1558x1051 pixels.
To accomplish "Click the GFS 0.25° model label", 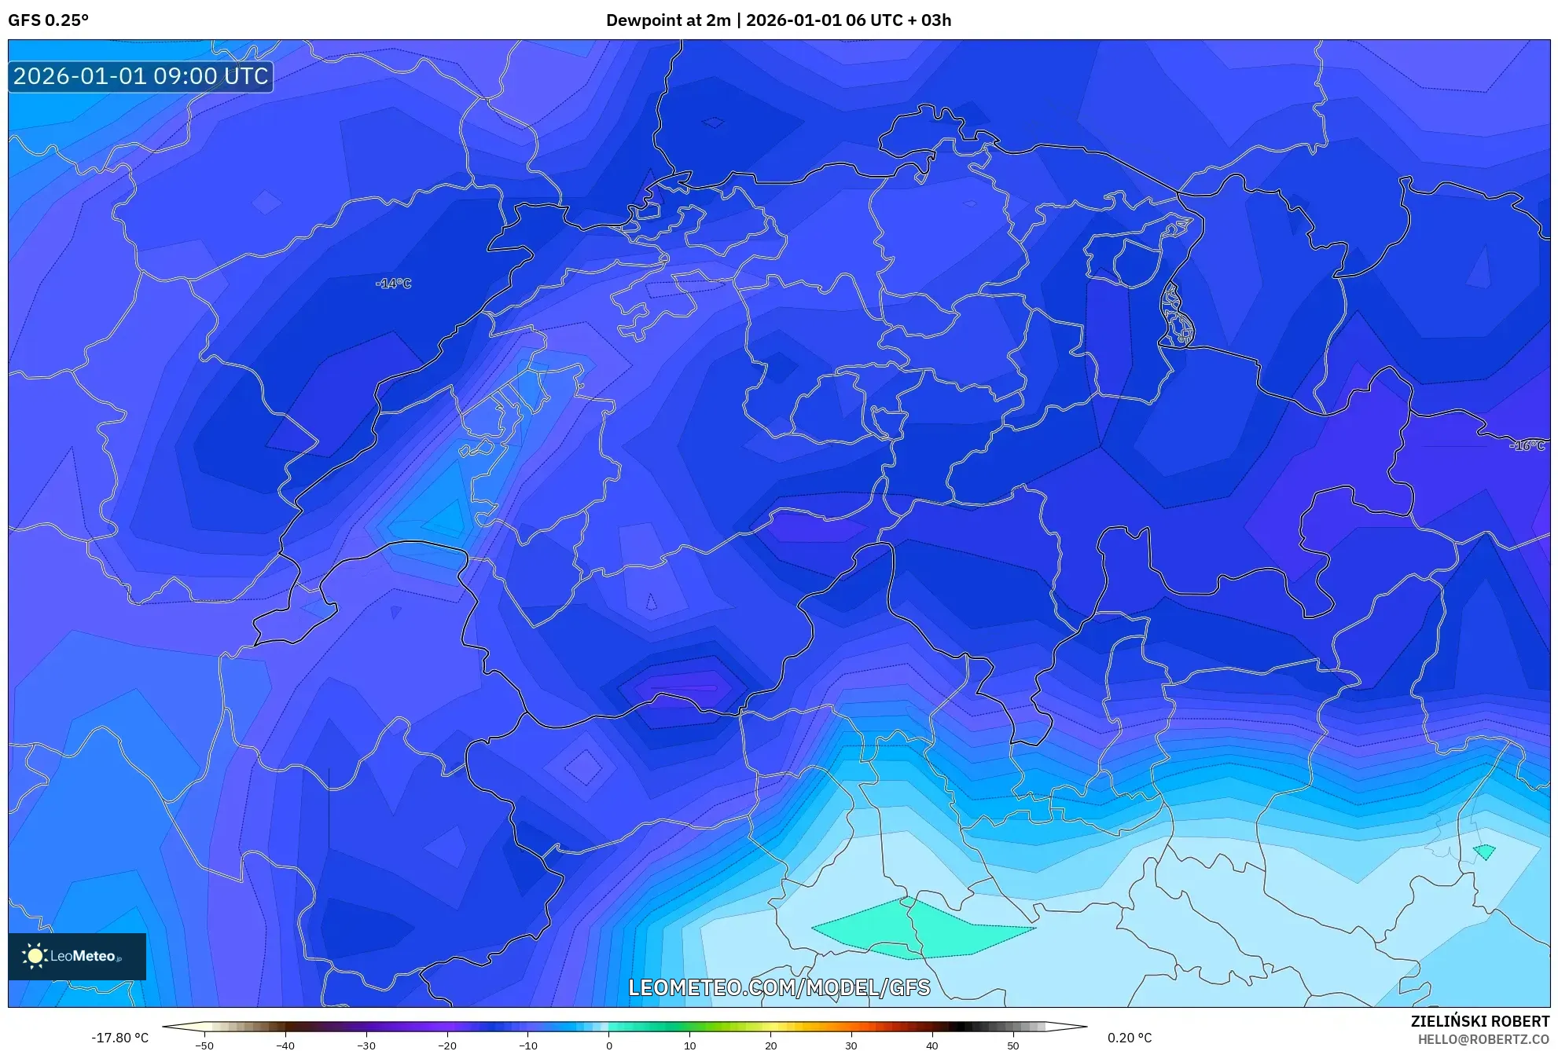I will pyautogui.click(x=48, y=20).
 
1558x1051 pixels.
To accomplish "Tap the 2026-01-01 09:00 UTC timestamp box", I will pyautogui.click(x=141, y=76).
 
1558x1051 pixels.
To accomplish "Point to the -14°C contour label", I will pyautogui.click(x=393, y=284).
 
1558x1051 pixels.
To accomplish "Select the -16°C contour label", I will pyautogui.click(x=1527, y=445).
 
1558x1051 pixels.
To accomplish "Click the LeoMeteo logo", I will pyautogui.click(x=77, y=956).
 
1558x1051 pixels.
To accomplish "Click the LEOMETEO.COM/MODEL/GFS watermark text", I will pyautogui.click(x=779, y=987).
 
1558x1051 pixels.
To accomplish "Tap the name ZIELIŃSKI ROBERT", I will pyautogui.click(x=1479, y=1021).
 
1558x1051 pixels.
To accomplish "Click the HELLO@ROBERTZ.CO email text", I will pyautogui.click(x=1483, y=1039).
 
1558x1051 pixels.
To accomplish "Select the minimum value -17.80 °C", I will pyautogui.click(x=119, y=1038).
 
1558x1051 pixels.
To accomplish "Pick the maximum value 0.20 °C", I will pyautogui.click(x=1130, y=1038).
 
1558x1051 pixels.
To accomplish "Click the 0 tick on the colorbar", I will pyautogui.click(x=609, y=1046).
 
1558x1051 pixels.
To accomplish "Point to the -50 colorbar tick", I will pyautogui.click(x=204, y=1046).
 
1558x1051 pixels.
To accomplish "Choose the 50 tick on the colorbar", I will pyautogui.click(x=1012, y=1046).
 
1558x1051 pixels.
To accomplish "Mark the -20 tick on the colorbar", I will pyautogui.click(x=447, y=1046).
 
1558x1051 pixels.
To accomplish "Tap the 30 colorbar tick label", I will pyautogui.click(x=851, y=1046).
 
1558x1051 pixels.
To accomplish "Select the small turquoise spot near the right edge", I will pyautogui.click(x=1484, y=851).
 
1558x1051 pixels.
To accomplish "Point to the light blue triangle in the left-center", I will pyautogui.click(x=444, y=518).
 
